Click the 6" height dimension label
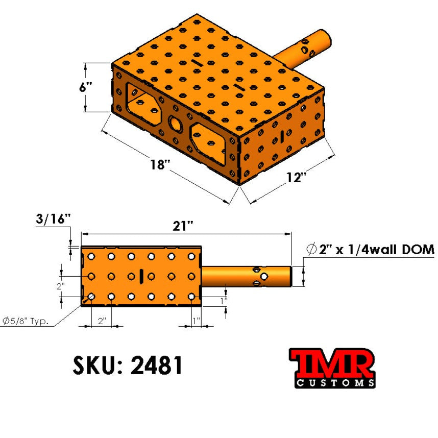point(85,87)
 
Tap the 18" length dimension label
point(160,164)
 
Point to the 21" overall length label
point(183,226)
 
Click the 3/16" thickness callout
point(53,219)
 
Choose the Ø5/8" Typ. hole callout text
point(26,321)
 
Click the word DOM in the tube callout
point(418,250)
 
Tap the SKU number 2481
point(156,365)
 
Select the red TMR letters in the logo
point(332,363)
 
